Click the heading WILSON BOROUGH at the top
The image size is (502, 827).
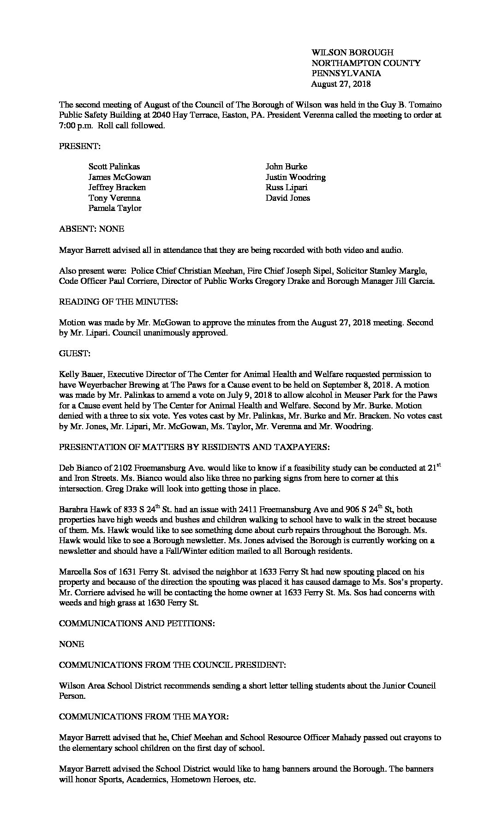click(x=352, y=53)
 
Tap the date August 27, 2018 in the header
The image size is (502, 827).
click(x=341, y=84)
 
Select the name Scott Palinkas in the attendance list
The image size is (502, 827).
click(x=114, y=167)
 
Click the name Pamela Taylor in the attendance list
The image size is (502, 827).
click(x=115, y=208)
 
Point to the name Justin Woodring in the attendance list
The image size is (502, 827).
click(x=295, y=177)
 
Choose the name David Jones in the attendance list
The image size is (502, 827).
click(x=287, y=198)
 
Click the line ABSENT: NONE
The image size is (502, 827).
click(x=91, y=229)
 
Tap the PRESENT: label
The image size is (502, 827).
click(x=79, y=146)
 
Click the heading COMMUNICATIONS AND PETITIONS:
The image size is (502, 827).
click(x=137, y=623)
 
